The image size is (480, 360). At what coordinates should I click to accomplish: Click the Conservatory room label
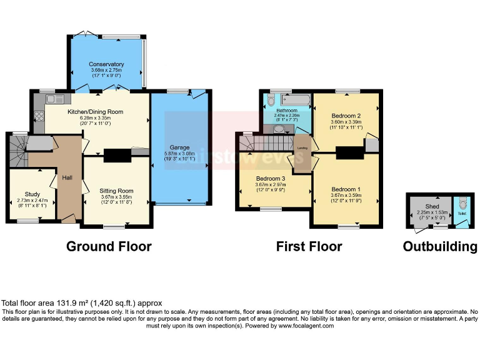tap(106, 64)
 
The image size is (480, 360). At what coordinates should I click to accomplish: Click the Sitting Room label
tap(116, 191)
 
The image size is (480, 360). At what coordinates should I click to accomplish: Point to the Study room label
tap(32, 194)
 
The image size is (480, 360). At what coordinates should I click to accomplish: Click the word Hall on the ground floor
tap(67, 178)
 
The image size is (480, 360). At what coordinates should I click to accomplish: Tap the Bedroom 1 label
tap(346, 189)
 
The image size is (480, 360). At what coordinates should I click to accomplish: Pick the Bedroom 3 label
tap(271, 178)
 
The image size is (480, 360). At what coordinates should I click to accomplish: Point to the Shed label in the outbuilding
tap(432, 206)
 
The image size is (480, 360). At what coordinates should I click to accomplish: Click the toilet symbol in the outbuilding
tap(462, 204)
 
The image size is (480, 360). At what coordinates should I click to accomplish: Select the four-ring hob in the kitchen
tap(37, 115)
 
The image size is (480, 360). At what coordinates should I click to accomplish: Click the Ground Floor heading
tap(109, 246)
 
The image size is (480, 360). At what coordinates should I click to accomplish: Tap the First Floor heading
tap(309, 246)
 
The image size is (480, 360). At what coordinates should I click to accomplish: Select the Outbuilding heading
tap(439, 246)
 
